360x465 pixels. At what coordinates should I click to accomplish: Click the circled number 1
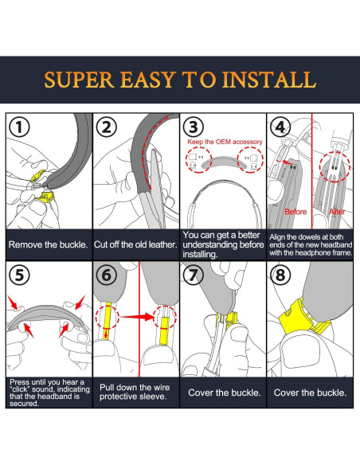(19, 127)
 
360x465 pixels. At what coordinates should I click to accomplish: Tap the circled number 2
(107, 127)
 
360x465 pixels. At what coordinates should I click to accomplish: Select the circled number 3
(194, 127)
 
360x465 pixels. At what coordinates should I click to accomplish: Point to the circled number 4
(280, 127)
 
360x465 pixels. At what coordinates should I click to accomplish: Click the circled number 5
(19, 275)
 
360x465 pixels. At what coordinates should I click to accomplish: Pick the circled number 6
(107, 275)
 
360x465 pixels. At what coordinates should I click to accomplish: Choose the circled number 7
(194, 275)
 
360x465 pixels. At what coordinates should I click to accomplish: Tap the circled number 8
(280, 275)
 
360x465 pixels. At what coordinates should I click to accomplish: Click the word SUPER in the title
(79, 80)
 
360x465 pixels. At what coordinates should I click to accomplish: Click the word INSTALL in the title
(269, 80)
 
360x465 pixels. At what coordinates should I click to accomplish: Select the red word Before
(295, 212)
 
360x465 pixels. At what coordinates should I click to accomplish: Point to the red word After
(337, 212)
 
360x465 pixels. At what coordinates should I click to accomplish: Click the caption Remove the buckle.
(49, 244)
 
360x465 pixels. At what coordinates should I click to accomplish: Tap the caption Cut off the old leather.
(135, 244)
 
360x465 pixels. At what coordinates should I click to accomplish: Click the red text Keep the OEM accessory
(225, 142)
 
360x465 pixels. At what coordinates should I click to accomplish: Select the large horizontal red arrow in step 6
(137, 317)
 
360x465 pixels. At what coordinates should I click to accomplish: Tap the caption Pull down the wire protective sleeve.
(135, 392)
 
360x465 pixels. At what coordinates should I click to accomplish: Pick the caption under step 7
(225, 393)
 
